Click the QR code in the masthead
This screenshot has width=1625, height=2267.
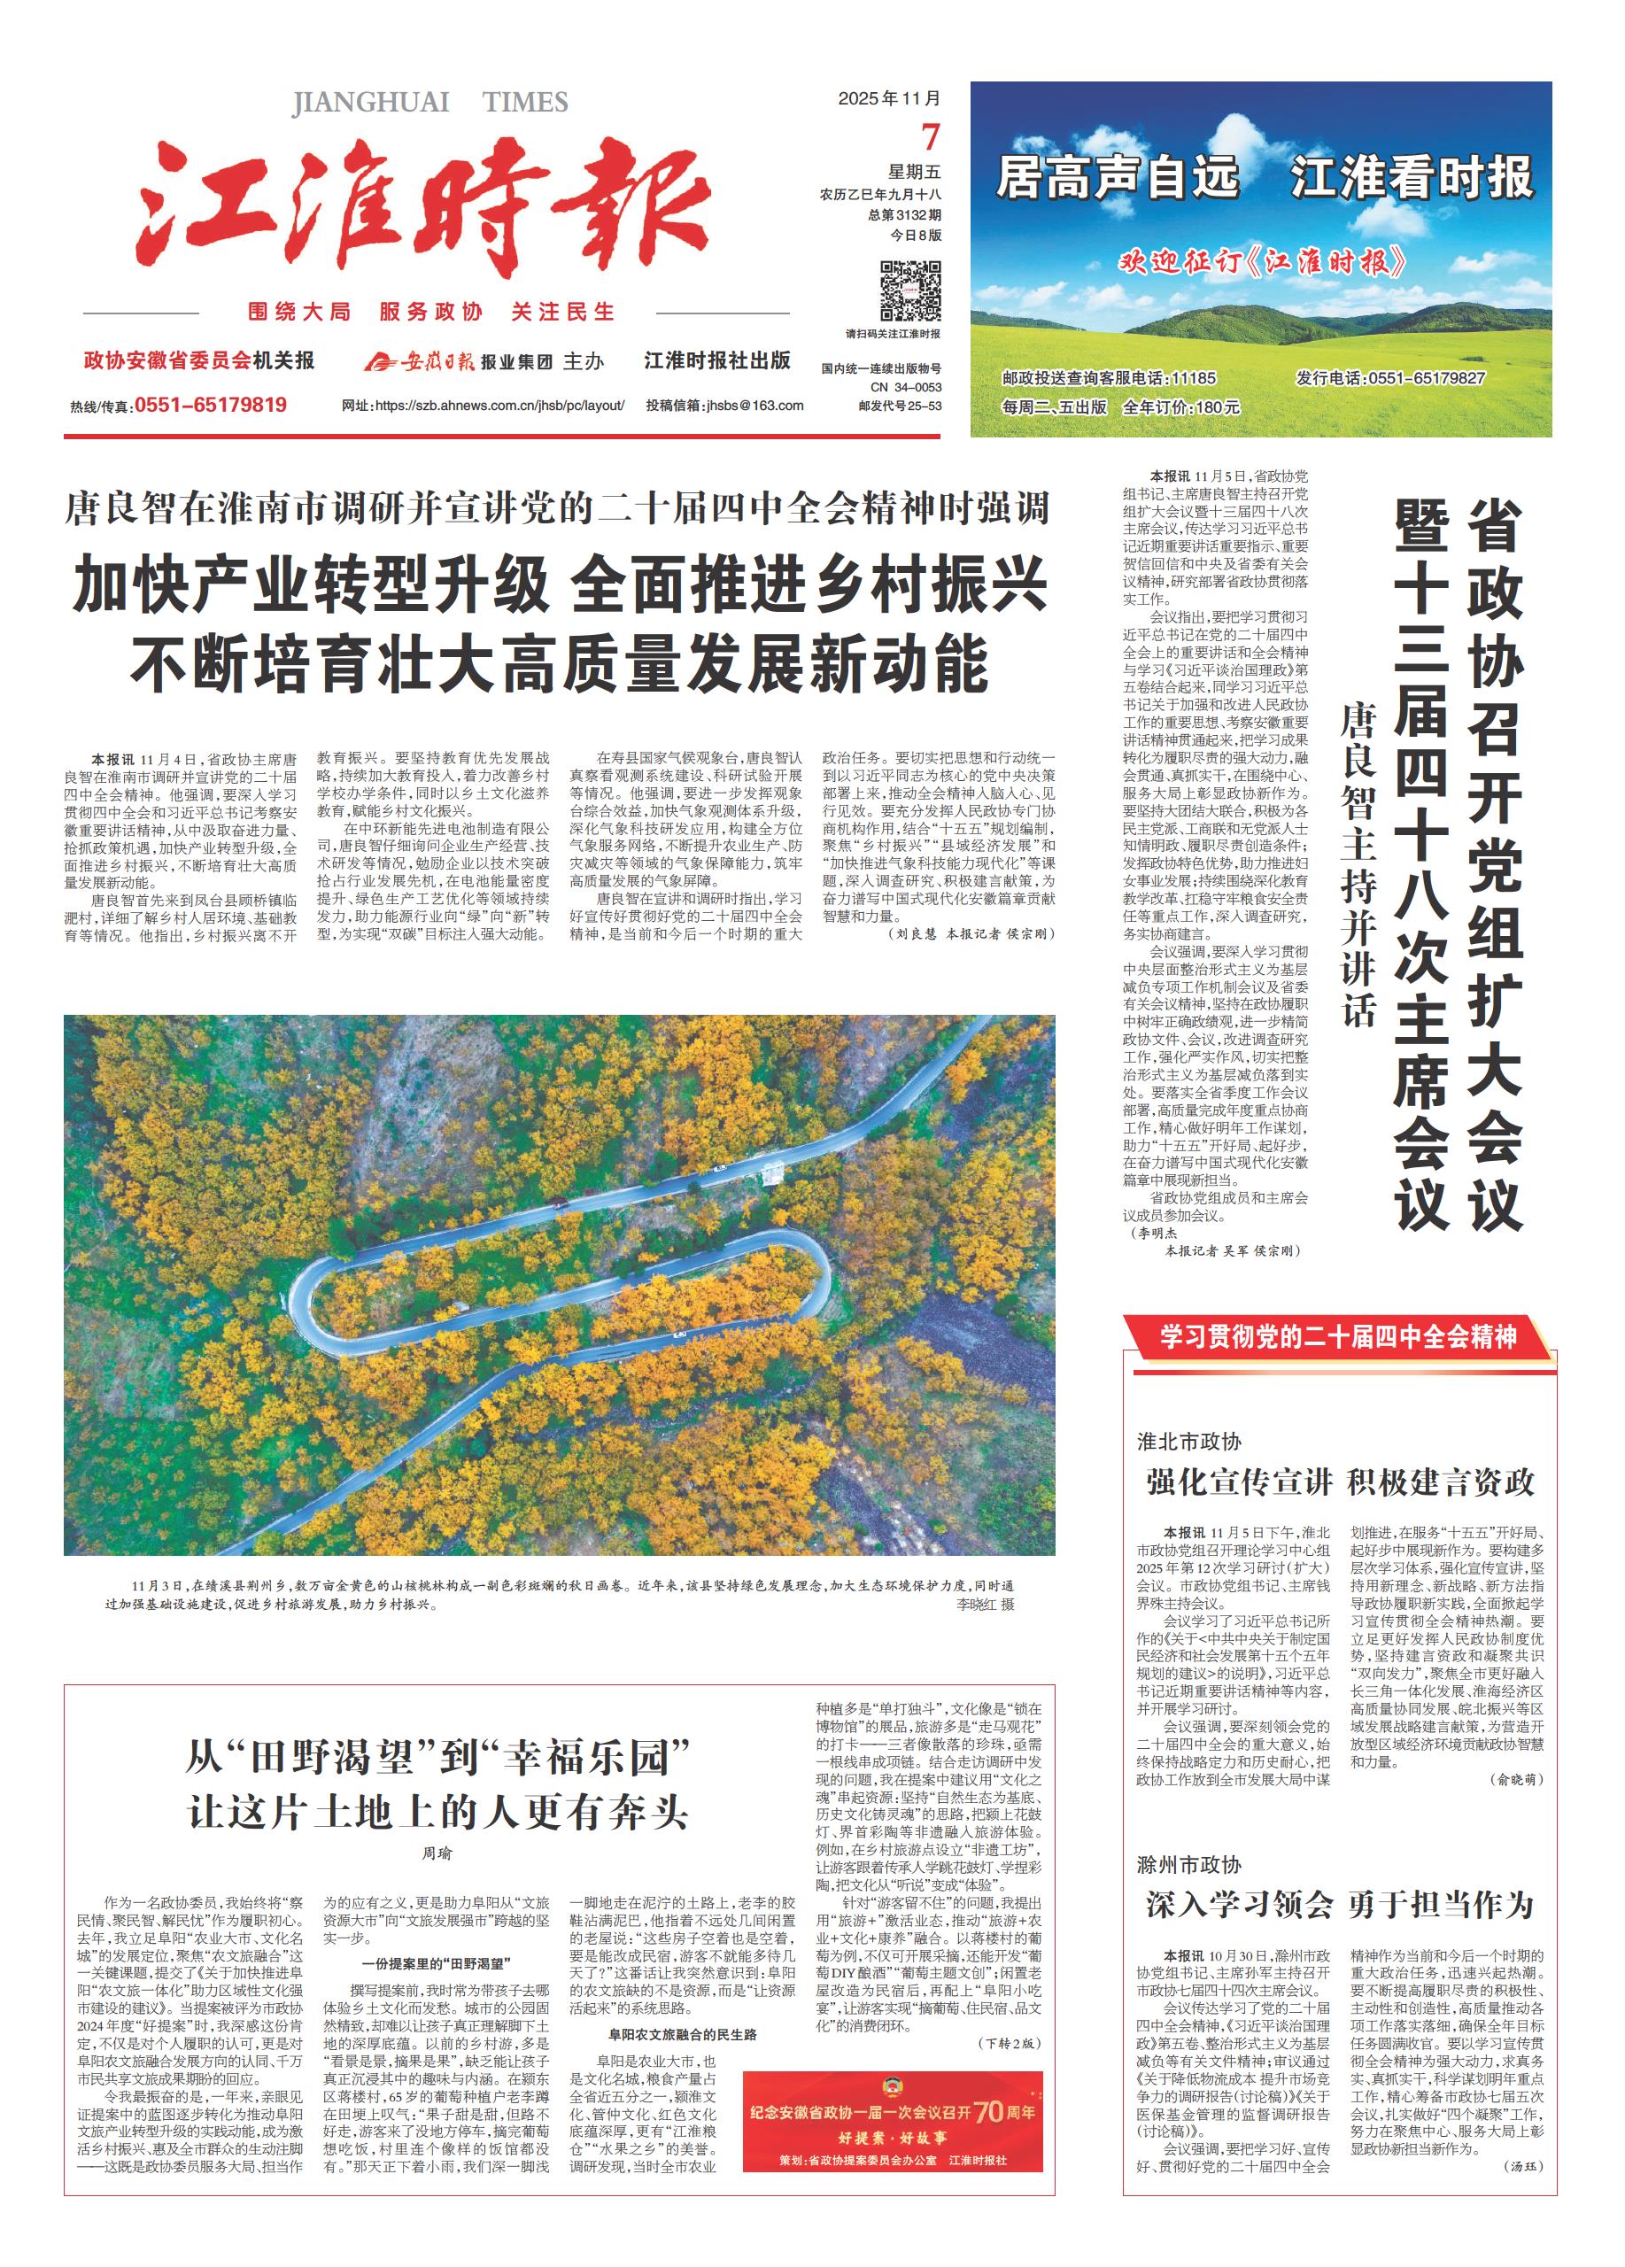[909, 290]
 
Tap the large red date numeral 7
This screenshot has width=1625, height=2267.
[931, 137]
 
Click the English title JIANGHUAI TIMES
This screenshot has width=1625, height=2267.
[429, 102]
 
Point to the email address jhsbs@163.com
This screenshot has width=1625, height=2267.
[754, 406]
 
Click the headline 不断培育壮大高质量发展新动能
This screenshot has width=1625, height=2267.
[559, 663]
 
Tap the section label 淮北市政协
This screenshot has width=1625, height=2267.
[1189, 1442]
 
